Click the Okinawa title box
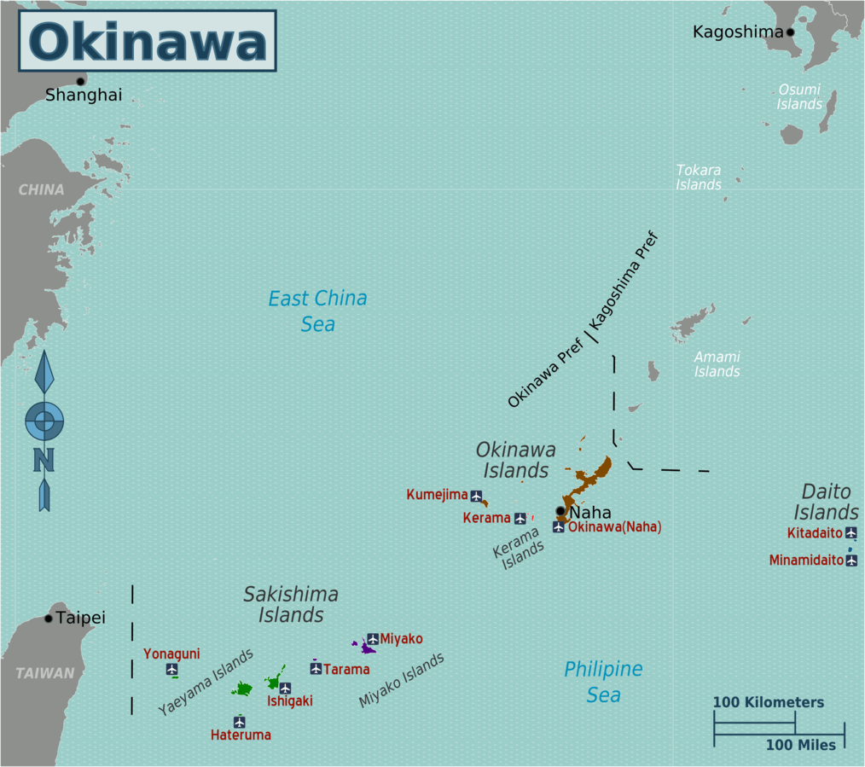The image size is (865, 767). [x=148, y=41]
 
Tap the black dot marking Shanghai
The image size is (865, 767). [x=80, y=81]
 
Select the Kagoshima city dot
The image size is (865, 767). [x=790, y=32]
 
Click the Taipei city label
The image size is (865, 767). [x=81, y=618]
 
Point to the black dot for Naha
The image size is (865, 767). [x=560, y=511]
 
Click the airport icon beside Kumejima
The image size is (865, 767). [x=476, y=496]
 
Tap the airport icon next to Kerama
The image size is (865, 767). [x=520, y=518]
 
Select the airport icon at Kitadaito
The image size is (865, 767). [x=850, y=533]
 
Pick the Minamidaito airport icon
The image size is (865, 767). [x=850, y=561]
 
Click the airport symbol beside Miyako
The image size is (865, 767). [x=373, y=639]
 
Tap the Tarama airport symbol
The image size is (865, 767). [x=316, y=668]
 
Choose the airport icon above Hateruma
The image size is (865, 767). [x=240, y=722]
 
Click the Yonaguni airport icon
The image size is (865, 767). [x=171, y=669]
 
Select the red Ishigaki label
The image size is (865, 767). [x=289, y=701]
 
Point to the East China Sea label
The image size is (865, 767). [x=317, y=311]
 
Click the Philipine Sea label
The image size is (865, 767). [x=603, y=682]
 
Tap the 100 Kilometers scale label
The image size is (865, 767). [x=769, y=703]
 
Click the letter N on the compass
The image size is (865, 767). [x=44, y=460]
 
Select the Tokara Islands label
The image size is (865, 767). [x=699, y=177]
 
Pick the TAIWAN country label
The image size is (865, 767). [x=44, y=673]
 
